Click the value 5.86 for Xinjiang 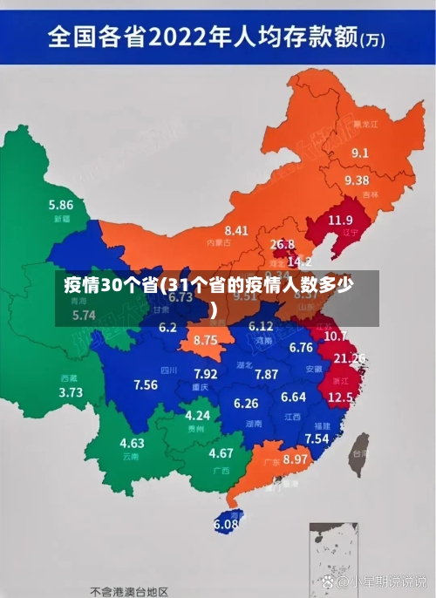(x=60, y=205)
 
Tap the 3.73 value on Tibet (x=71, y=392)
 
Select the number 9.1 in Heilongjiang (x=360, y=153)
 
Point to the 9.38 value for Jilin (x=357, y=180)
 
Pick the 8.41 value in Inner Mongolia (x=236, y=231)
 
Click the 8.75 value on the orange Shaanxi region (x=206, y=340)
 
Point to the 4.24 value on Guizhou (x=198, y=416)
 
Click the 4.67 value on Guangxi (x=221, y=453)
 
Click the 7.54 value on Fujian (x=317, y=438)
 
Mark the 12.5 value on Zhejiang (x=340, y=397)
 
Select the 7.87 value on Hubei (x=267, y=374)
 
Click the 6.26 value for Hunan (x=247, y=404)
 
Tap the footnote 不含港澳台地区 (x=128, y=590)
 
